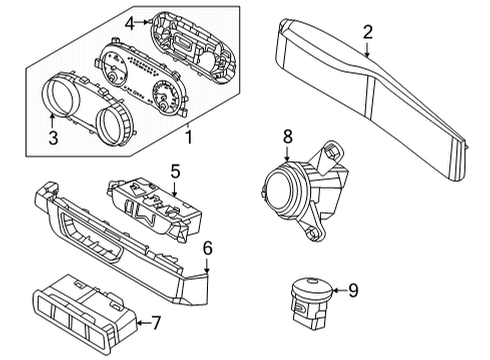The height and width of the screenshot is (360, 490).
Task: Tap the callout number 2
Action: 368,34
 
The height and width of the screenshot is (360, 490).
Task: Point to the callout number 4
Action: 130,21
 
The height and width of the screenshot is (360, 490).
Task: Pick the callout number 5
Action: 174,171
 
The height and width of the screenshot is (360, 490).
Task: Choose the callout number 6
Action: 207,247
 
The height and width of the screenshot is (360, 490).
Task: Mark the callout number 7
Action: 155,323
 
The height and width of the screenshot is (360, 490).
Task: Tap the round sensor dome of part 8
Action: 284,187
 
